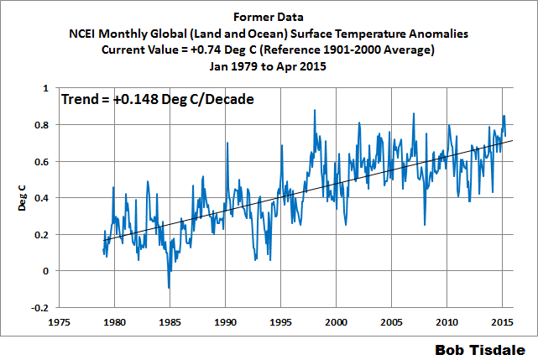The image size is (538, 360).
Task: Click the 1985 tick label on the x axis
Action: (170, 321)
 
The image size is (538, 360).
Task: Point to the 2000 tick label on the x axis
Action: (336, 321)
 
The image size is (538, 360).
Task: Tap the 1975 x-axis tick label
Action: (59, 321)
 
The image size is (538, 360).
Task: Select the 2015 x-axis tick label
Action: (502, 321)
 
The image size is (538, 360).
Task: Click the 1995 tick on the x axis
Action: (280, 321)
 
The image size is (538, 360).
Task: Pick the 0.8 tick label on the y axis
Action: (40, 124)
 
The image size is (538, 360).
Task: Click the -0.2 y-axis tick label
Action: (39, 307)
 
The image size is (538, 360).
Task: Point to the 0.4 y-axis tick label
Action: (40, 197)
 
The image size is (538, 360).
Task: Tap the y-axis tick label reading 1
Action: (44, 87)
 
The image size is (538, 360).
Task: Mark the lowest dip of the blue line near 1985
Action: (169, 288)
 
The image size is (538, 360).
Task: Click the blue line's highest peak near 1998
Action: (315, 110)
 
